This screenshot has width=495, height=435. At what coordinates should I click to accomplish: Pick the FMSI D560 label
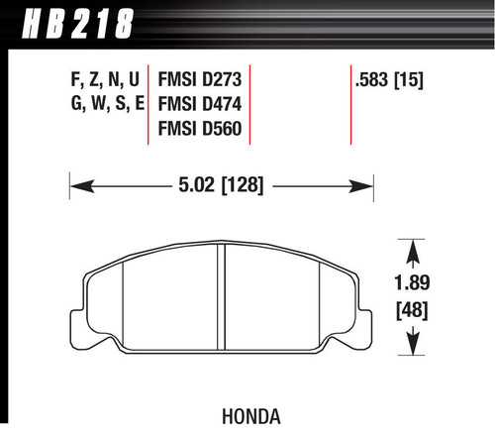point(198,129)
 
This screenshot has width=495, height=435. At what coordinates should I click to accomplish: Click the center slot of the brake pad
point(223,297)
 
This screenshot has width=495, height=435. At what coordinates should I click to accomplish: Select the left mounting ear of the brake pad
point(80,297)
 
